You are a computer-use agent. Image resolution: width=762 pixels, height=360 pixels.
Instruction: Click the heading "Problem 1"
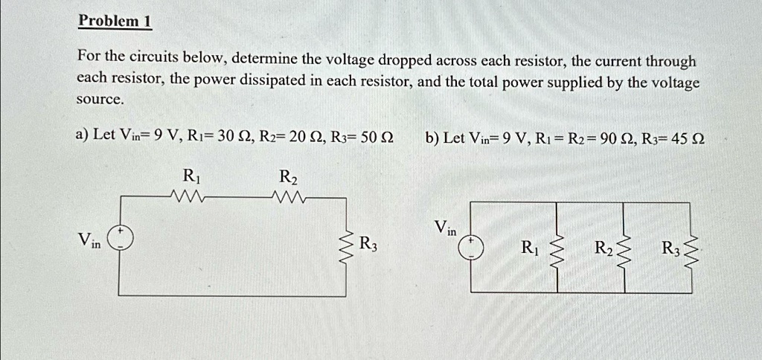click(115, 21)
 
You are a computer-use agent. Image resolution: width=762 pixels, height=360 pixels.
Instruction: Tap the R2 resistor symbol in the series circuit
click(287, 198)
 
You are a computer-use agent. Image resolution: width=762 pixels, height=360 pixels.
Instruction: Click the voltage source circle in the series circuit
click(119, 237)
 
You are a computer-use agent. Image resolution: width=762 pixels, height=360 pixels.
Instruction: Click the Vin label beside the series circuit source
click(89, 240)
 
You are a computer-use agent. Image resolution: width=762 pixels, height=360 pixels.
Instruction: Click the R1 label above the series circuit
click(191, 177)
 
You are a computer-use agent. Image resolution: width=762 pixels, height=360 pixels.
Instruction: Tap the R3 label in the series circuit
click(368, 243)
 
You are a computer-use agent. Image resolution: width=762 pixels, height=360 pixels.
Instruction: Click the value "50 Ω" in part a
click(377, 137)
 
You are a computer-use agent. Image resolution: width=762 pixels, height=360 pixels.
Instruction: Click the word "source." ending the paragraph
click(100, 100)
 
